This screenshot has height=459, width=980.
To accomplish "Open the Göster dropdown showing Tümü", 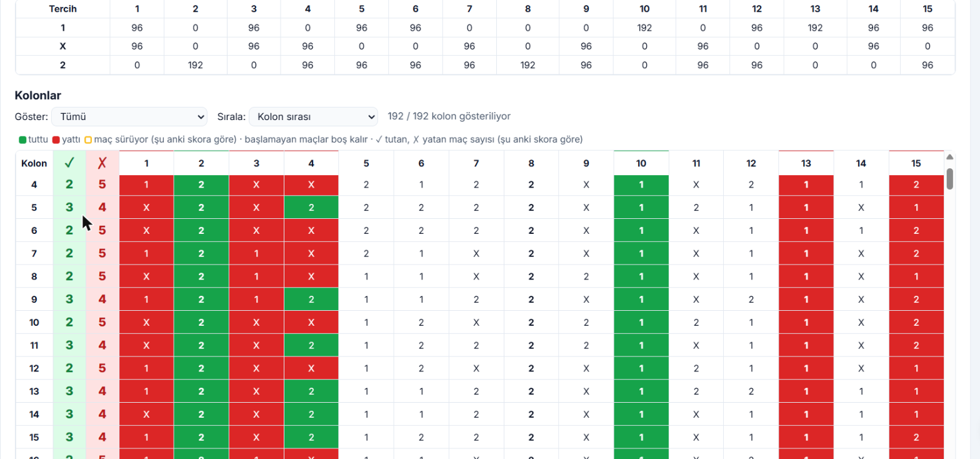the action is [129, 117].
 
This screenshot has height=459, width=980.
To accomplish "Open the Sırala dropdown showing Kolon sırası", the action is [313, 117].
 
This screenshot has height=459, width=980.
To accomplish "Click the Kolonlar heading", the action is [38, 96].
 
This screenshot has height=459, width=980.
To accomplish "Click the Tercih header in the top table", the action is [62, 9].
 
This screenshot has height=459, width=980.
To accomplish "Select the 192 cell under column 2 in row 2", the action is [196, 65].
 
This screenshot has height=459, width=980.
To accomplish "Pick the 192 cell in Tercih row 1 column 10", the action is [644, 28].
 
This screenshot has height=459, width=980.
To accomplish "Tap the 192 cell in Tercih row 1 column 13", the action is [815, 28].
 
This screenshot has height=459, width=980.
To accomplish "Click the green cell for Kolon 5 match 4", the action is [311, 208].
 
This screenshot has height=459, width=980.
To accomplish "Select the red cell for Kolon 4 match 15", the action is [916, 184].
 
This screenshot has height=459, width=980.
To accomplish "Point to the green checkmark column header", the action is [69, 163].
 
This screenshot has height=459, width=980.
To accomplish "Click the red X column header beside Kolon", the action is [102, 163].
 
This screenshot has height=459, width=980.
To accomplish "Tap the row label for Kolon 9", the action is [34, 300].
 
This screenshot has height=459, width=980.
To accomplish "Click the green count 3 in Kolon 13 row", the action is [69, 391].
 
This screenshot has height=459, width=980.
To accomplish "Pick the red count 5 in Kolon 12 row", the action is [102, 368].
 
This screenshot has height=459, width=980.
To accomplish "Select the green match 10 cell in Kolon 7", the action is [641, 253].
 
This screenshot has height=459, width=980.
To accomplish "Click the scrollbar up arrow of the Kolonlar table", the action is [949, 157].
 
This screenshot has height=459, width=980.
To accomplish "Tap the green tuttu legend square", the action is [22, 140].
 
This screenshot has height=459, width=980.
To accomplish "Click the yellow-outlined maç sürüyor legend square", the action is [88, 140].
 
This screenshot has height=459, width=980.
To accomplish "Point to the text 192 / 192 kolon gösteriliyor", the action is [449, 116].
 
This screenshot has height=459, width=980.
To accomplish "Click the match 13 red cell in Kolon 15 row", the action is [806, 437].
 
